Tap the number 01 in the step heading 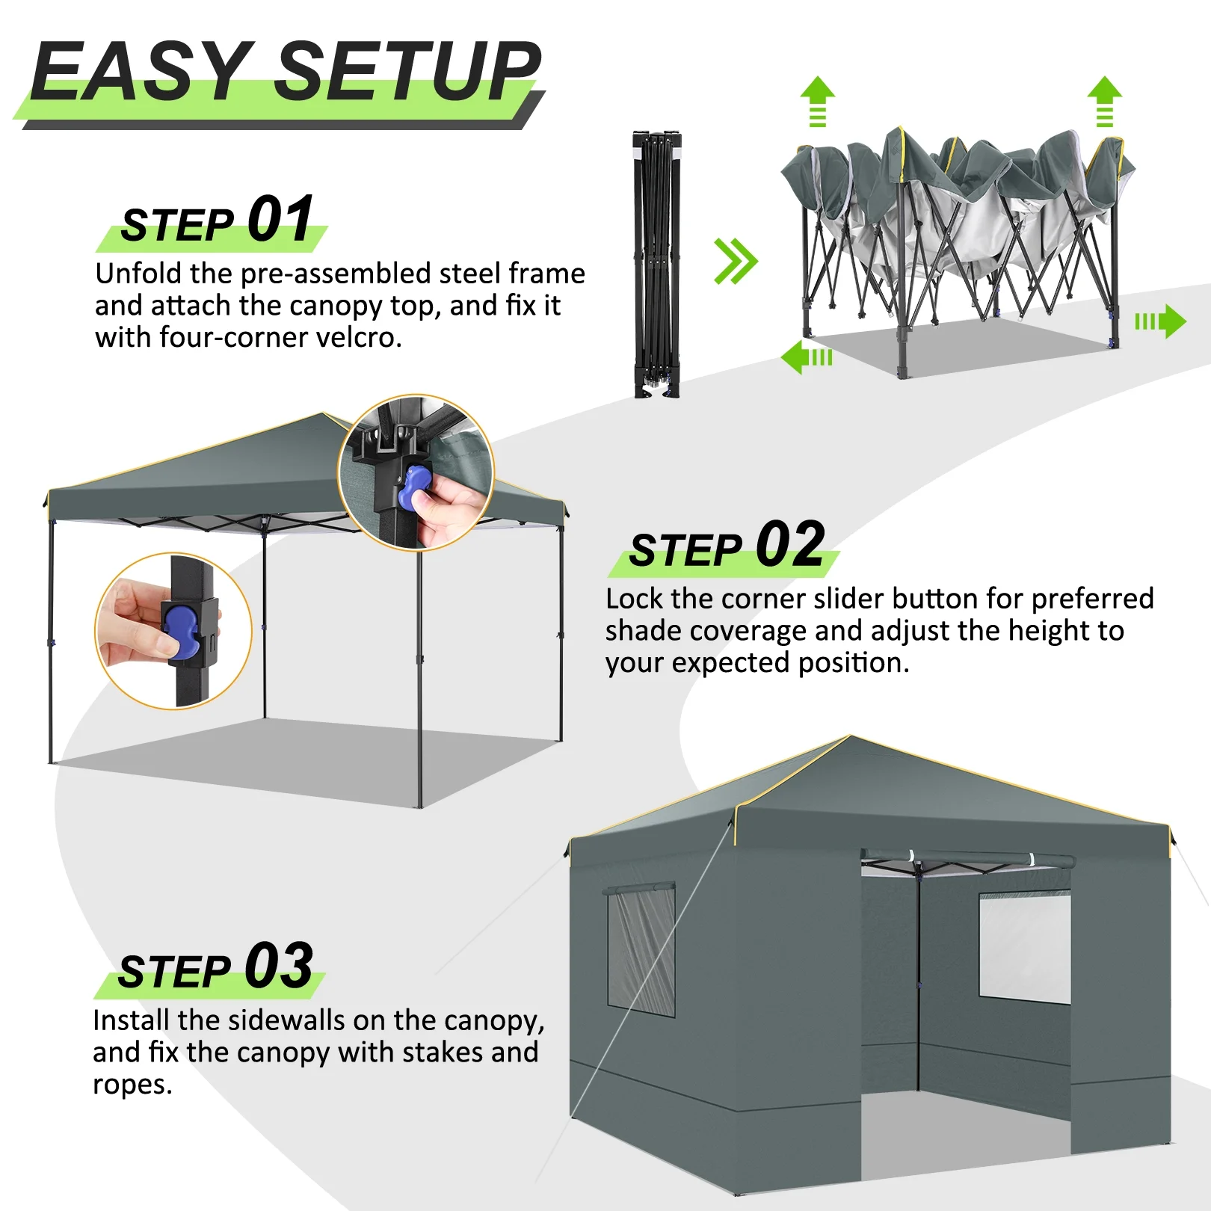pyautogui.click(x=280, y=219)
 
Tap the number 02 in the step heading pyautogui.click(x=790, y=545)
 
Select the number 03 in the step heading pyautogui.click(x=278, y=966)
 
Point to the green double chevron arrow pyautogui.click(x=736, y=262)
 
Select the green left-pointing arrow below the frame pyautogui.click(x=806, y=357)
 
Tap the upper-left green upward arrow pyautogui.click(x=817, y=101)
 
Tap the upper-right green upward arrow pyautogui.click(x=1104, y=101)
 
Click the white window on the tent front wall pyautogui.click(x=1024, y=948)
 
